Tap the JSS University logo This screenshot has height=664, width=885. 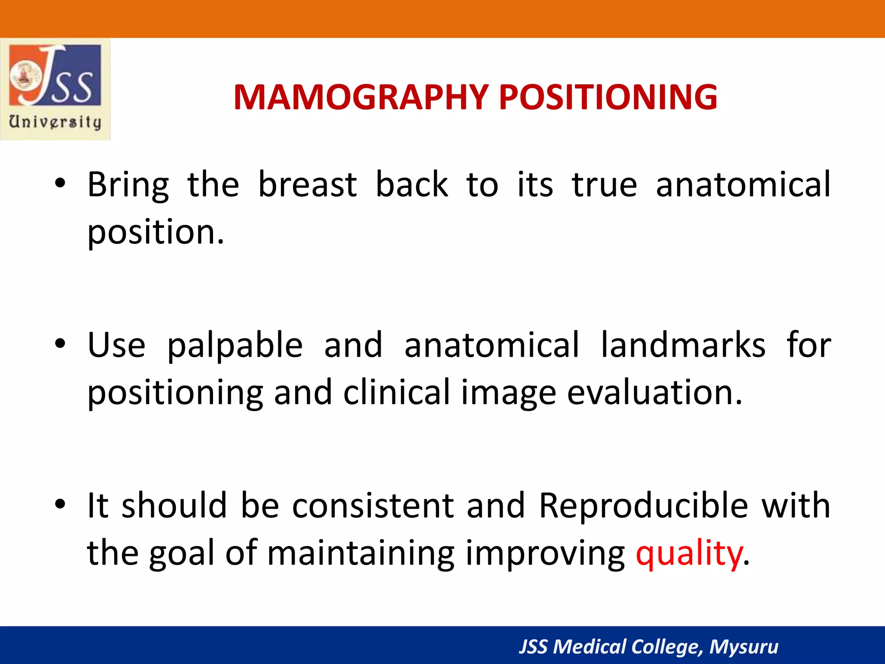[x=55, y=89]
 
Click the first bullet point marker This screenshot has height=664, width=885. [x=60, y=184]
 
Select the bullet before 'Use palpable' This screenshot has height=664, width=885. [x=60, y=344]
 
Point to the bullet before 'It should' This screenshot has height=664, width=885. [x=60, y=504]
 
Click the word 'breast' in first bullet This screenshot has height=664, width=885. [x=307, y=185]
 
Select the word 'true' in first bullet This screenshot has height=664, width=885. [x=604, y=185]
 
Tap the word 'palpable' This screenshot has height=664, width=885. [x=235, y=346]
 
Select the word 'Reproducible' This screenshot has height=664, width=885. [x=643, y=506]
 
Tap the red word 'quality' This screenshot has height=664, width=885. [x=689, y=554]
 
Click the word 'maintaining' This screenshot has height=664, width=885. [x=361, y=554]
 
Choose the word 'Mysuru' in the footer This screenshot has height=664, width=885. [x=744, y=647]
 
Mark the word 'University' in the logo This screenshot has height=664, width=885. [x=55, y=122]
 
